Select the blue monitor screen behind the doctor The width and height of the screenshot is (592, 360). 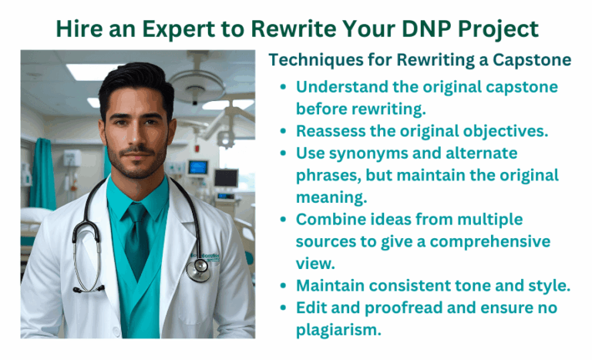tap(198, 167)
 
